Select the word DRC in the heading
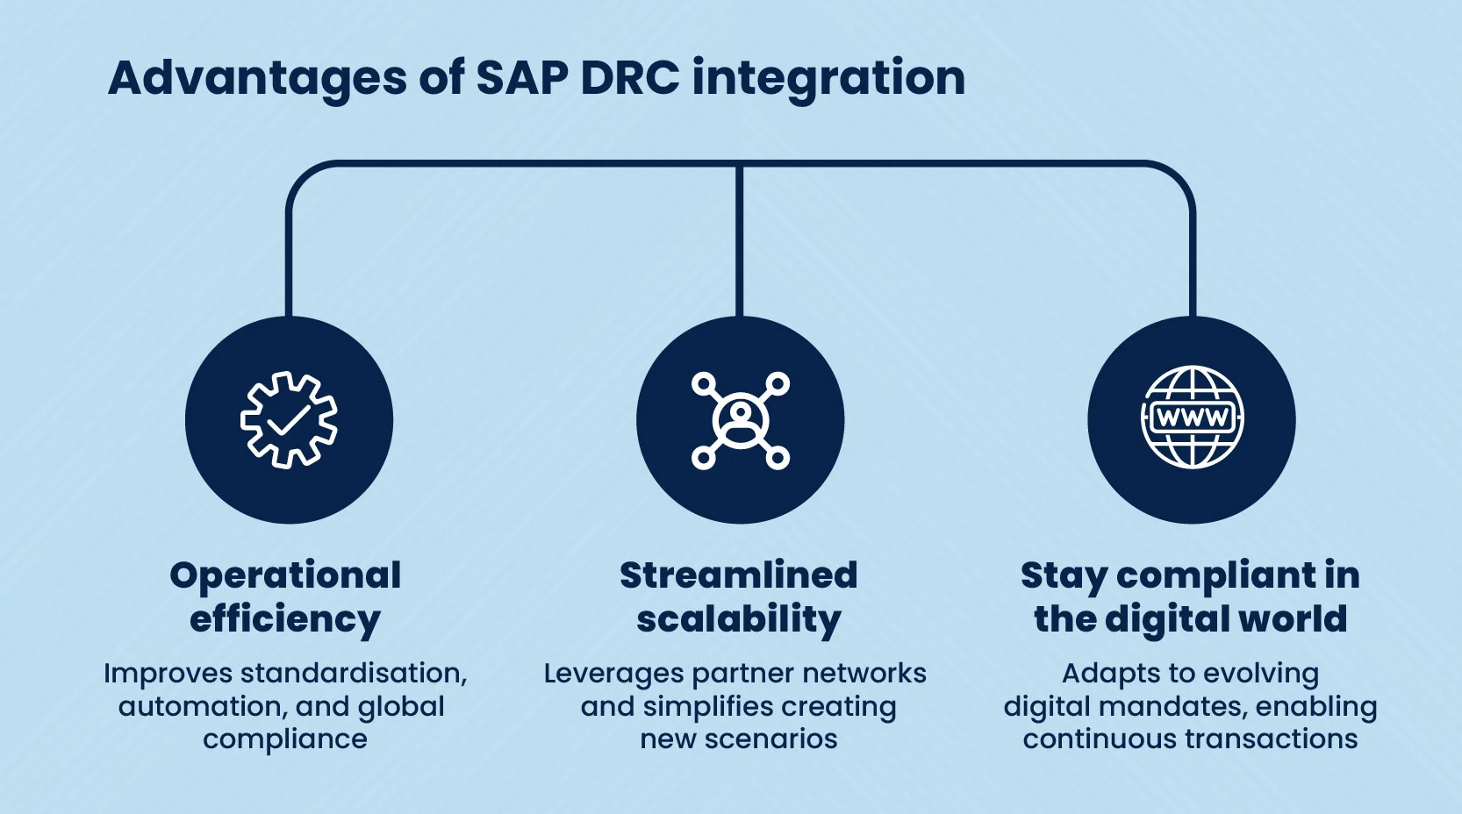629,78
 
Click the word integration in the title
828,78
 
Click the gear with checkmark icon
289,420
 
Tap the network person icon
740,420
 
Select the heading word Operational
285,575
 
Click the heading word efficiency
285,619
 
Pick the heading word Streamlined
738,575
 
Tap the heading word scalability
738,619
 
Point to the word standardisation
353,674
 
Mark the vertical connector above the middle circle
740,241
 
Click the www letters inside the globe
1192,418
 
